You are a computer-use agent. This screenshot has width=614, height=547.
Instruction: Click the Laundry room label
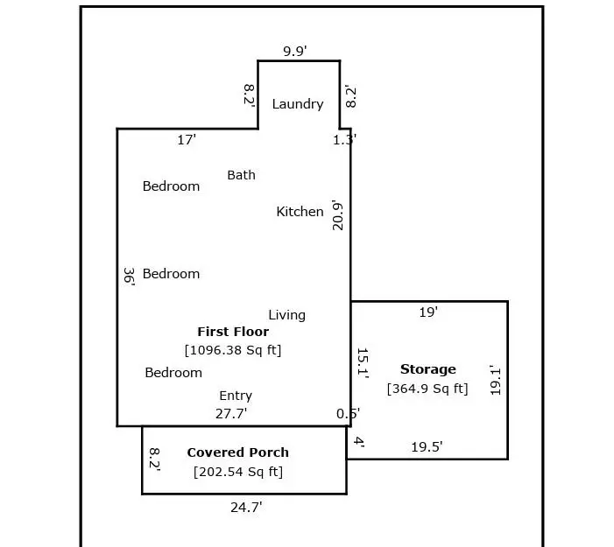point(298,104)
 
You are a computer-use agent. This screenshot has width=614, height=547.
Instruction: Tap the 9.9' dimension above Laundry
point(295,52)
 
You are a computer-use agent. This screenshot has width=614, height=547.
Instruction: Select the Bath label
point(241,175)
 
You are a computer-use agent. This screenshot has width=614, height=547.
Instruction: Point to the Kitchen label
point(300,212)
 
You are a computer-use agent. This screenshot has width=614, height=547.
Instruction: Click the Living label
point(287,315)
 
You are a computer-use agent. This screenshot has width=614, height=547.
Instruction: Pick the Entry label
point(236,396)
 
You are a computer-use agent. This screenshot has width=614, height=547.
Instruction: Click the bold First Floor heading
point(233,332)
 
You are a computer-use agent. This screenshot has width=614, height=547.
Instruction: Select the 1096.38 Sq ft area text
point(233,350)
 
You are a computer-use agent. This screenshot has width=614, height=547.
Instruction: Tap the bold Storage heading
point(428,369)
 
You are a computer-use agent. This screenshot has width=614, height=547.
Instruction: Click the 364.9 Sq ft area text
point(427,389)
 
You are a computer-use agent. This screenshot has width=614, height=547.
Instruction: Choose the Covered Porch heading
point(238,452)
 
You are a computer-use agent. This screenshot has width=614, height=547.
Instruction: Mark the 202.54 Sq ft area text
point(238,472)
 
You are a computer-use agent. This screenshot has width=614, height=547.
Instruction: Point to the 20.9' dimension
point(337,215)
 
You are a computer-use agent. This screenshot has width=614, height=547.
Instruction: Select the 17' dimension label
point(187,140)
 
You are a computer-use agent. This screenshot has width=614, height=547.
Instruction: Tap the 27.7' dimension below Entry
point(231,414)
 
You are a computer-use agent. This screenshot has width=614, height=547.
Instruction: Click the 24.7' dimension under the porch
point(246,508)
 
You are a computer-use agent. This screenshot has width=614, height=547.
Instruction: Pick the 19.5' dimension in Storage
point(427,447)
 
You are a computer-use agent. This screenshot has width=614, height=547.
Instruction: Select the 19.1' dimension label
point(496,380)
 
